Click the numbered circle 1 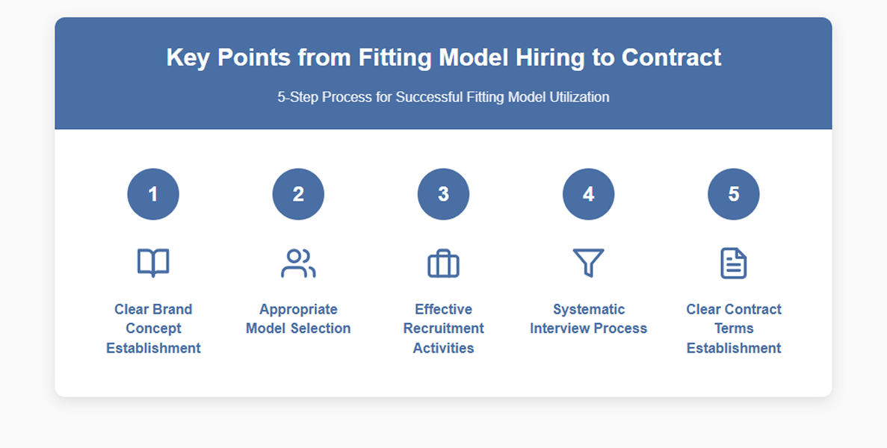[x=153, y=194]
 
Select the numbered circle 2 [x=298, y=194]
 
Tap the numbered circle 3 [x=443, y=194]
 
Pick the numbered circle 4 [x=588, y=194]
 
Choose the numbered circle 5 [x=733, y=194]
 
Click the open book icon [x=153, y=263]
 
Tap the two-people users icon [x=298, y=263]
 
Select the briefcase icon [x=443, y=264]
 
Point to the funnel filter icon [x=588, y=263]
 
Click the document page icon [x=733, y=263]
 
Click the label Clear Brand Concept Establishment [x=153, y=329]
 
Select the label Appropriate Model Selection [x=298, y=319]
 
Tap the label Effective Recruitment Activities [x=443, y=329]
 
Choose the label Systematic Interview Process [x=588, y=319]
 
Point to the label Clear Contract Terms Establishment [x=733, y=329]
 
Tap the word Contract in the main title [x=671, y=57]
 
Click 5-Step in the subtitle [x=297, y=97]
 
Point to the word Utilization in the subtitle [x=575, y=97]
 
